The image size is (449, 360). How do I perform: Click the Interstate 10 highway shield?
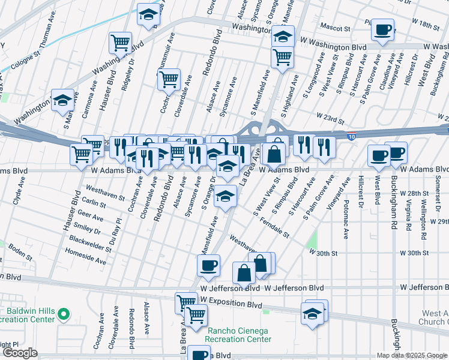pos(351,137)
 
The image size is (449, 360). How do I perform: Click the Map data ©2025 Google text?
pos(411,355)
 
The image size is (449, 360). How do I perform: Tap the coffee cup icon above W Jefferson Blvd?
pos(208,265)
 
